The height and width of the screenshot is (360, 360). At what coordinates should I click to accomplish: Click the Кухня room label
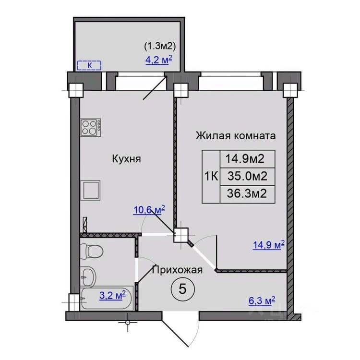click(x=126, y=159)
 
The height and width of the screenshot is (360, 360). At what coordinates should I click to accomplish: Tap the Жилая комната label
click(x=236, y=135)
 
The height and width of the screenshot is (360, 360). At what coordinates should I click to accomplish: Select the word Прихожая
click(x=178, y=270)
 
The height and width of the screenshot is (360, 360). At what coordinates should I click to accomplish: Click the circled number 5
click(x=183, y=288)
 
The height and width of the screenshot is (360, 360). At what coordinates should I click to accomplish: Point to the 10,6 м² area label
click(x=149, y=210)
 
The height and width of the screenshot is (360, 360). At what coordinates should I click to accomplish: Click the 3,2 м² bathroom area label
click(x=112, y=295)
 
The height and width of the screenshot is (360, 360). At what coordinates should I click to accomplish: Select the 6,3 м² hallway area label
click(x=262, y=301)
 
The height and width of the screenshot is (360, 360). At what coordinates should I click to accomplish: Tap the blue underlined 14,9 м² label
click(x=269, y=245)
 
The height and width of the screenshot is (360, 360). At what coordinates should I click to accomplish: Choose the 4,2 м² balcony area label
click(x=159, y=60)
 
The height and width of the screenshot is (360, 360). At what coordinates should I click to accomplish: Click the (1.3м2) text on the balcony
click(x=160, y=47)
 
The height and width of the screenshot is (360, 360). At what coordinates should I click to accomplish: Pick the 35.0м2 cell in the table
click(x=248, y=176)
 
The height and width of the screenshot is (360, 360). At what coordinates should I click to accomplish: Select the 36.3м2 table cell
click(x=248, y=194)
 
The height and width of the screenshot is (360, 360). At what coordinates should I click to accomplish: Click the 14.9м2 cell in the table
click(x=248, y=159)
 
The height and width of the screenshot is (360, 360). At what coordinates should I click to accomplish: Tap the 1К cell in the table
click(x=211, y=177)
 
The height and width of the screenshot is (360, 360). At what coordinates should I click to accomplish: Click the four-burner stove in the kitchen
click(x=91, y=128)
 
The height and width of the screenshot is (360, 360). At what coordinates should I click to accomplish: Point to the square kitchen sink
click(x=90, y=191)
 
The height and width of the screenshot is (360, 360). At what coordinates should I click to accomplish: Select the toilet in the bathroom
click(x=92, y=251)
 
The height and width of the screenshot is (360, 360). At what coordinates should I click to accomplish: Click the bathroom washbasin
click(x=89, y=276)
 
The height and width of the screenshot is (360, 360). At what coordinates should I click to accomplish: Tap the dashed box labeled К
click(x=89, y=65)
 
